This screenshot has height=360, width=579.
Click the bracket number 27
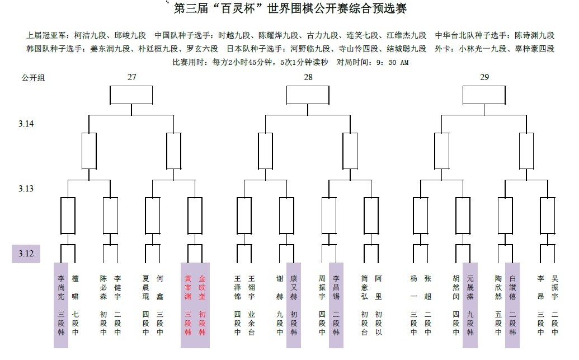[x=131, y=77]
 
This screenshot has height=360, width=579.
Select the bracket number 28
[x=308, y=77]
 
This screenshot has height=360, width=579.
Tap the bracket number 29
[x=484, y=77]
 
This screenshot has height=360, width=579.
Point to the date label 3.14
[x=26, y=123]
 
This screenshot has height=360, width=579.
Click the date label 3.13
[x=26, y=189]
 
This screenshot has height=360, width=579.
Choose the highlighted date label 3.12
[x=26, y=254]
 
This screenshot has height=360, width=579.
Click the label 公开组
[x=33, y=78]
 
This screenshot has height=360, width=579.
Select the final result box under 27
[x=131, y=95]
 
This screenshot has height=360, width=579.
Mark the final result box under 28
[x=307, y=95]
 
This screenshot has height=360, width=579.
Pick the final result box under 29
[x=484, y=95]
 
